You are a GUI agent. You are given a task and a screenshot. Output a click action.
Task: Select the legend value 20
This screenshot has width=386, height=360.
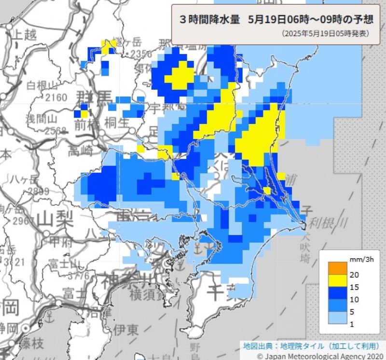click(x=354, y=275)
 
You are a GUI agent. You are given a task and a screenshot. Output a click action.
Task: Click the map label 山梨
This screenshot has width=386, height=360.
click(x=52, y=220)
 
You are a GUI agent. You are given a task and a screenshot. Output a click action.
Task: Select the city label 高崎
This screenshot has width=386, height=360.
click(x=80, y=151)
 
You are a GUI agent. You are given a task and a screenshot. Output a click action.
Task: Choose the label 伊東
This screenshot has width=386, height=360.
click(x=126, y=330)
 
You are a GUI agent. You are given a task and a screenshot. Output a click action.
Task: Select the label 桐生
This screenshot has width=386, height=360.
click(x=116, y=124)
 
